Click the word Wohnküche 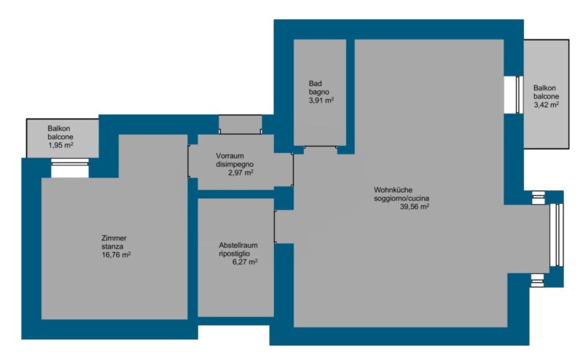coord(393,190)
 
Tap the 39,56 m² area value coord(415,206)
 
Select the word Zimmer coord(114,238)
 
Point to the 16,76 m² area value coord(116,255)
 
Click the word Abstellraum coord(238,245)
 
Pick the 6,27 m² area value coord(245,262)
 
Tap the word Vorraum coord(230,156)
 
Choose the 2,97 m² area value coord(241,173)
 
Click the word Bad coord(316,84)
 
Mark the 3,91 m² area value coord(321,101)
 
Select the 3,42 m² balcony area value coord(547,105)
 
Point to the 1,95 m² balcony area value coord(60,145)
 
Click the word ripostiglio coord(234,254)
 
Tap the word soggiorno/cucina coord(402,199)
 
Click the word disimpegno coord(235,165)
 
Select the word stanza coord(112,246)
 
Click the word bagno coord(319,92)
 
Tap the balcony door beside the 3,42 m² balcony coord(519,95)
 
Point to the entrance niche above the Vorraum coord(240,125)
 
